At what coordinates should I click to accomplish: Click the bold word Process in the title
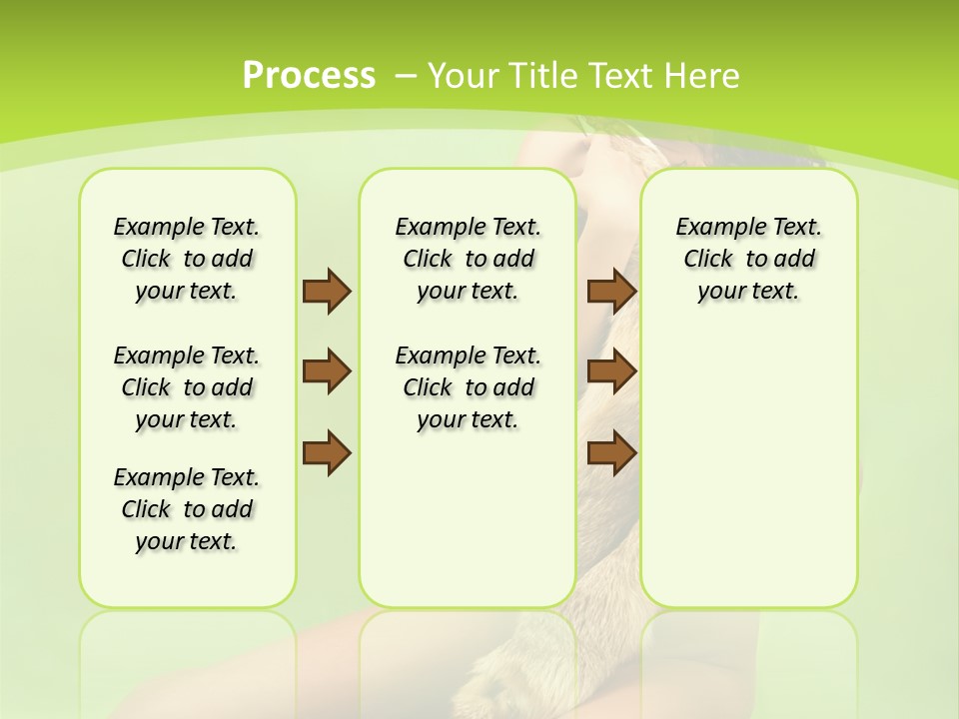click(x=309, y=75)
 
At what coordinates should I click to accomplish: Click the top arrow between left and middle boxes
click(x=327, y=291)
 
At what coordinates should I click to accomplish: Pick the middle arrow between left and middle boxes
click(x=327, y=371)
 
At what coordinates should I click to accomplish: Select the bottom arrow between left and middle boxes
click(x=327, y=453)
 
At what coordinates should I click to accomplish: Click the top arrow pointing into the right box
click(x=612, y=291)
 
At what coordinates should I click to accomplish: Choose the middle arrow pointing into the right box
click(x=612, y=371)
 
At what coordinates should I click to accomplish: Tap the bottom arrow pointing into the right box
click(x=612, y=453)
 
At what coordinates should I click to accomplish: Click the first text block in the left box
click(x=187, y=259)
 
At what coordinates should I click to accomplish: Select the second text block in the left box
click(x=187, y=387)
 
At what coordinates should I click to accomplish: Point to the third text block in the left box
click(x=187, y=509)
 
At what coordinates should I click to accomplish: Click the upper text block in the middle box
click(x=468, y=259)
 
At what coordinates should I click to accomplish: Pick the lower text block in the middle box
click(x=468, y=387)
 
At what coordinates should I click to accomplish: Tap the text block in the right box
click(x=748, y=259)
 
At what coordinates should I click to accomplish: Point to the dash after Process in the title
click(x=406, y=75)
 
